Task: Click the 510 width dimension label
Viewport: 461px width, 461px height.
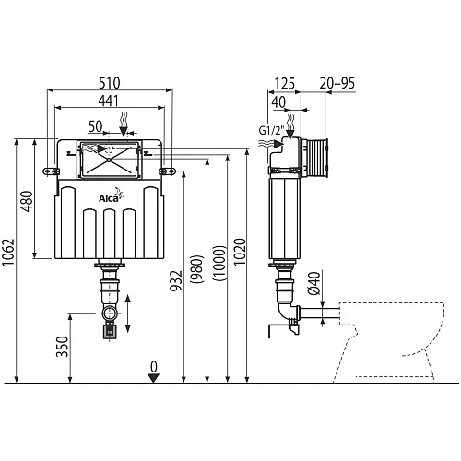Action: [110, 83]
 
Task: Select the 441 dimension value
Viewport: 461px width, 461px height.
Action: [109, 100]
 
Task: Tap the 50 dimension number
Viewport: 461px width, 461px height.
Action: [95, 126]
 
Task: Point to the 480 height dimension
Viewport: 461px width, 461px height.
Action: [27, 201]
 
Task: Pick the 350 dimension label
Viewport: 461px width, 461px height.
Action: [62, 347]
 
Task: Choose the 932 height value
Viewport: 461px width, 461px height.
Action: [176, 280]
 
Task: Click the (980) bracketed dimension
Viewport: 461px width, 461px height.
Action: [197, 269]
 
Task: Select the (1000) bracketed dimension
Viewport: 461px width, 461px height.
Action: [219, 263]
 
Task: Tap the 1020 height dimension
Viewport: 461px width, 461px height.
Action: [240, 252]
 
